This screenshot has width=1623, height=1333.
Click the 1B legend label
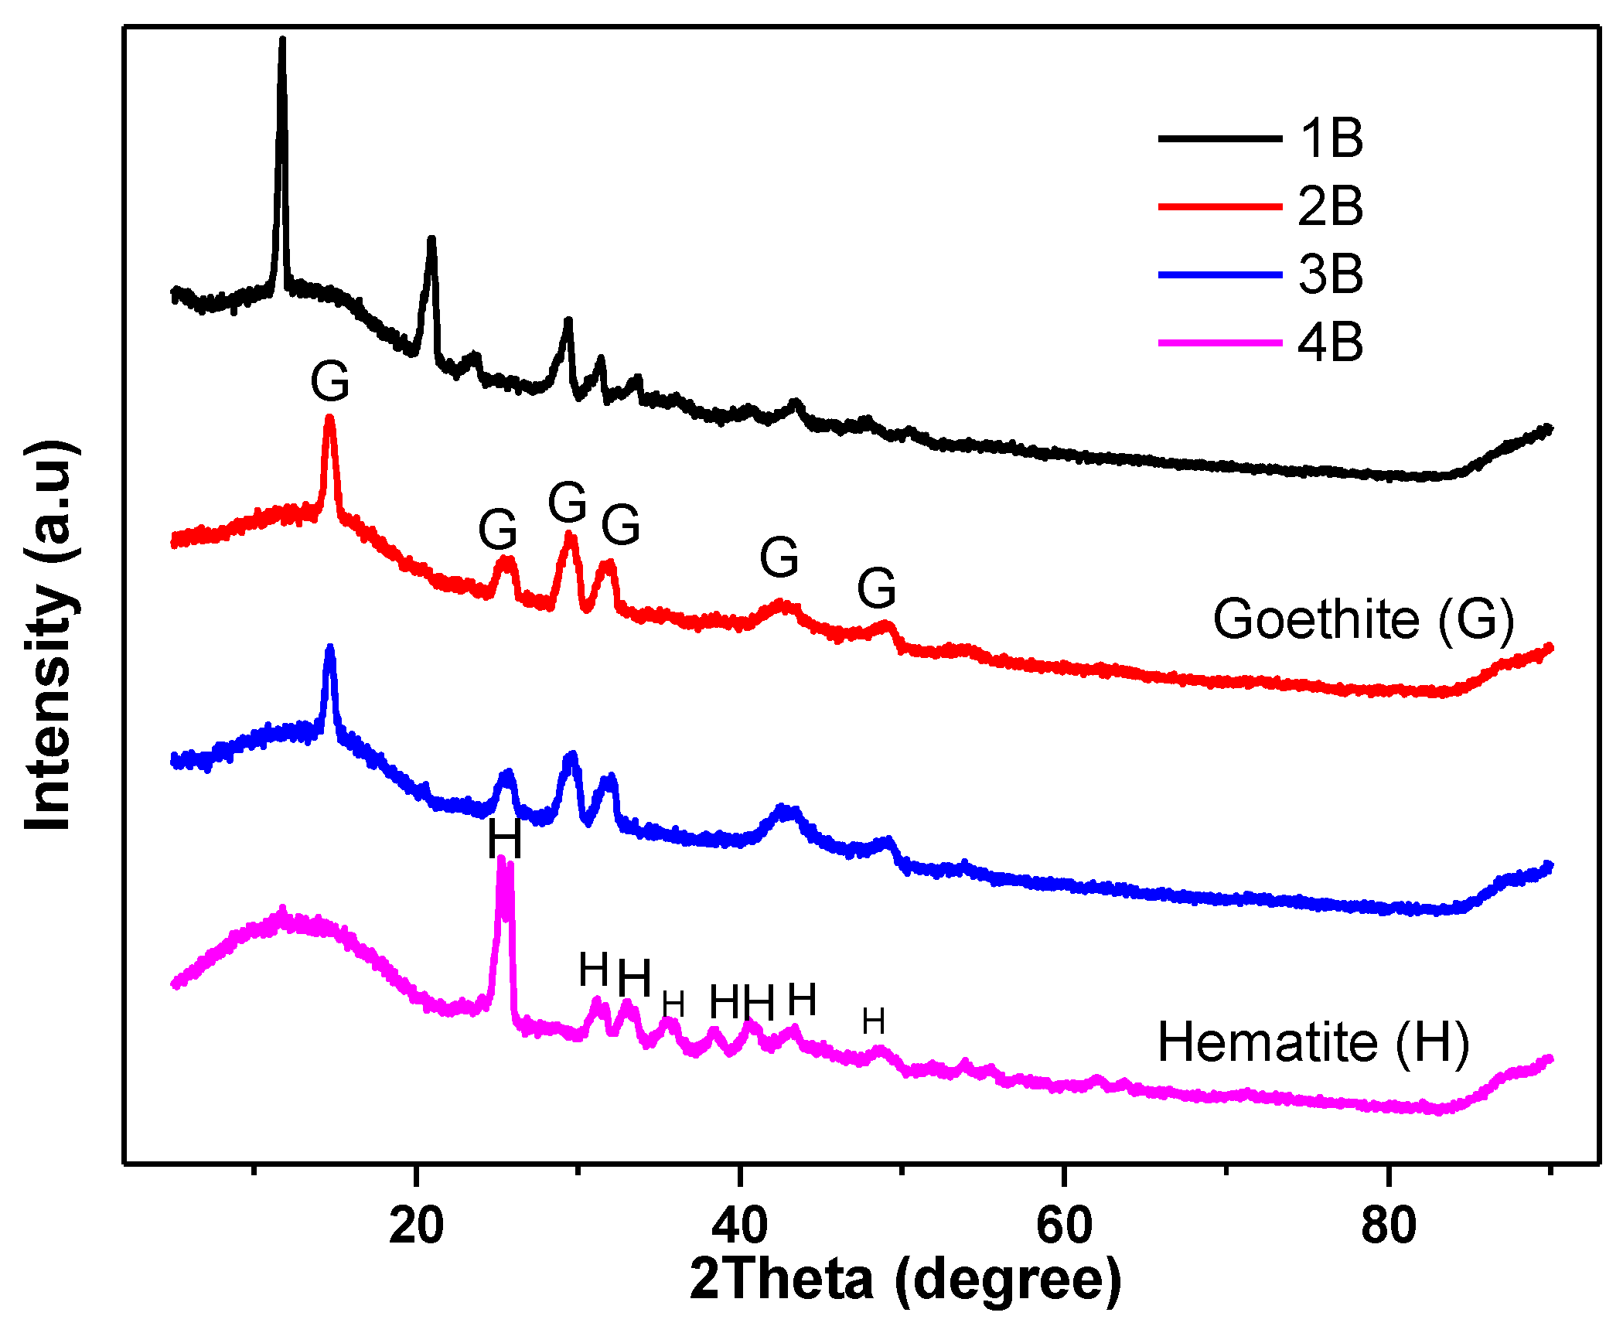[1331, 139]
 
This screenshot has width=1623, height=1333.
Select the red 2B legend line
[1219, 206]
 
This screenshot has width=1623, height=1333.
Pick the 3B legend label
[1331, 274]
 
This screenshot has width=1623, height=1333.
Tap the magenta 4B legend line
[1219, 343]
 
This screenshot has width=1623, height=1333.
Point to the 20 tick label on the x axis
[416, 1225]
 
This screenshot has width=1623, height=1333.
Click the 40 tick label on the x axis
[740, 1225]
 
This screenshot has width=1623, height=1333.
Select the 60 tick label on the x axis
[1064, 1225]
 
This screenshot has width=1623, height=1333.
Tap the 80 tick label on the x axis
[1389, 1225]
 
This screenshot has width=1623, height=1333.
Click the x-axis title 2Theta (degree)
[905, 1280]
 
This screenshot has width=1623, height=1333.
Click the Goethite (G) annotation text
[1362, 620]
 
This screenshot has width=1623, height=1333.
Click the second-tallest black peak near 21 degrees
[431, 240]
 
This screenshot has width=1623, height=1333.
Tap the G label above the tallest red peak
[330, 381]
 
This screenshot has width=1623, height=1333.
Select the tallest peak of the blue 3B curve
[330, 648]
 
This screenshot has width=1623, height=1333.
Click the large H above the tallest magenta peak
[504, 839]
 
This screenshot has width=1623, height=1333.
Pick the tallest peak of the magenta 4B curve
[501, 858]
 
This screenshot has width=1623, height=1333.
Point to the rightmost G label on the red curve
[877, 588]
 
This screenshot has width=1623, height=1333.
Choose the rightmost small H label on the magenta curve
[874, 1021]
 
